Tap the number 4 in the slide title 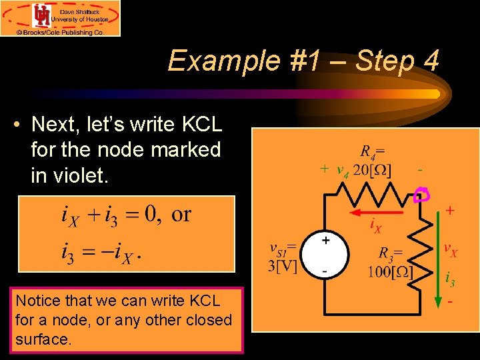430,61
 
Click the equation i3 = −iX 101,254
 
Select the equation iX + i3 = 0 109,215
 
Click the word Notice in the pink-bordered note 39,301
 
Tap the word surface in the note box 41,339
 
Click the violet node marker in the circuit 422,194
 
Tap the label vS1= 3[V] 283,257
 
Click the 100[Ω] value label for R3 390,273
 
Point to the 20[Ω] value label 372,169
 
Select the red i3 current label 451,279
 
